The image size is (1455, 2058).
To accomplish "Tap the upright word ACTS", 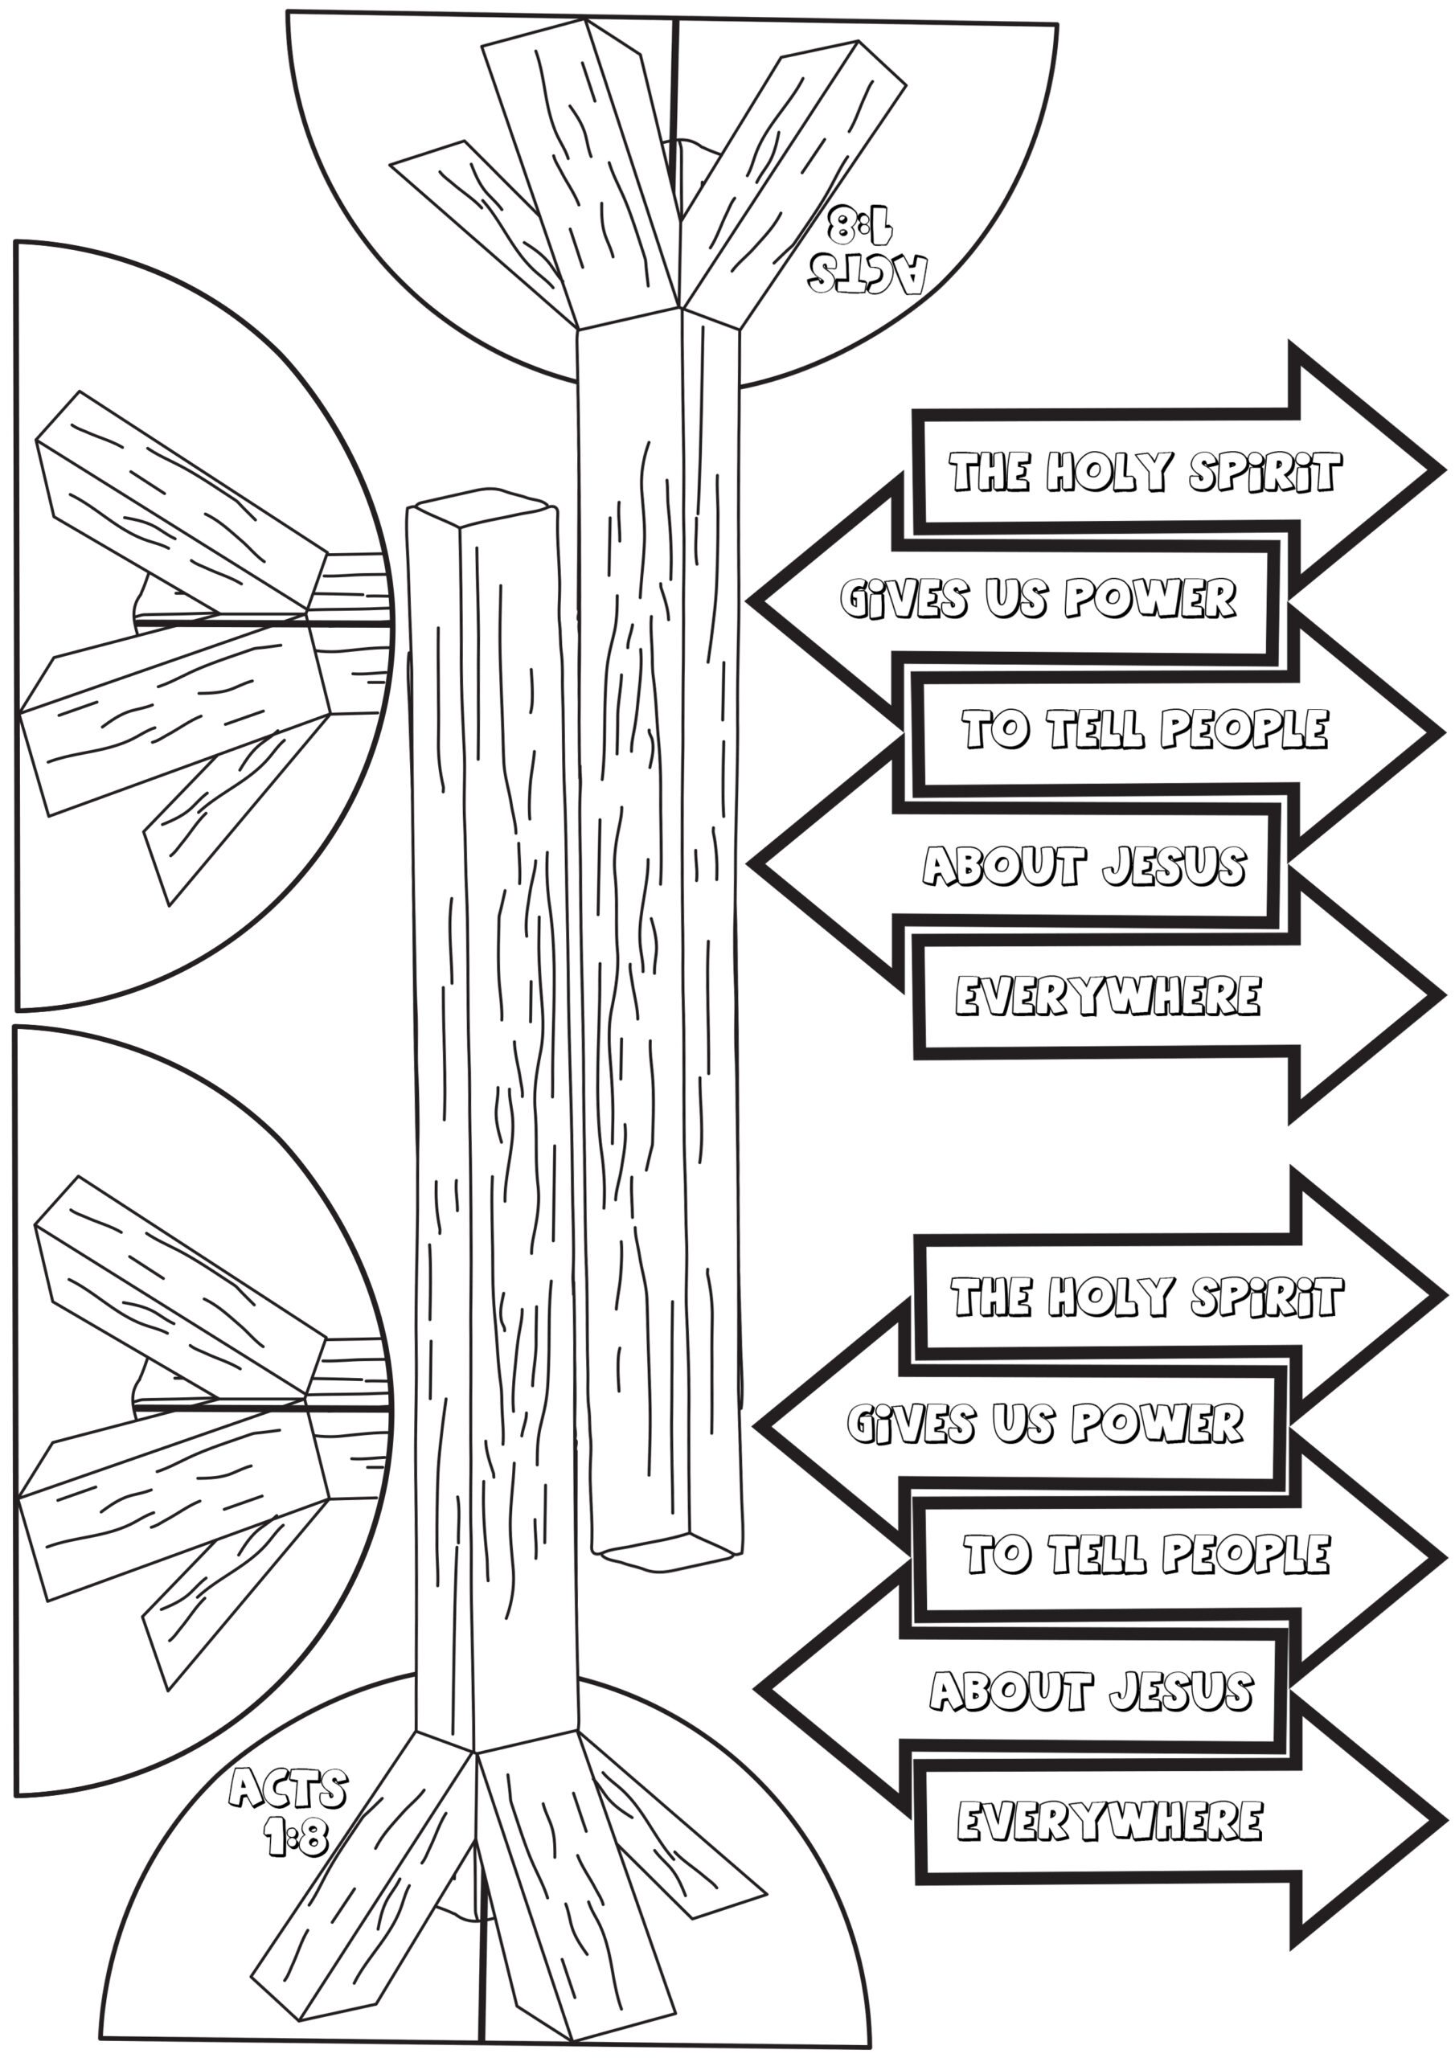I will click(x=288, y=1790).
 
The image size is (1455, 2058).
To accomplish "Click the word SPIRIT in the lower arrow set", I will click(x=1266, y=1297).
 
